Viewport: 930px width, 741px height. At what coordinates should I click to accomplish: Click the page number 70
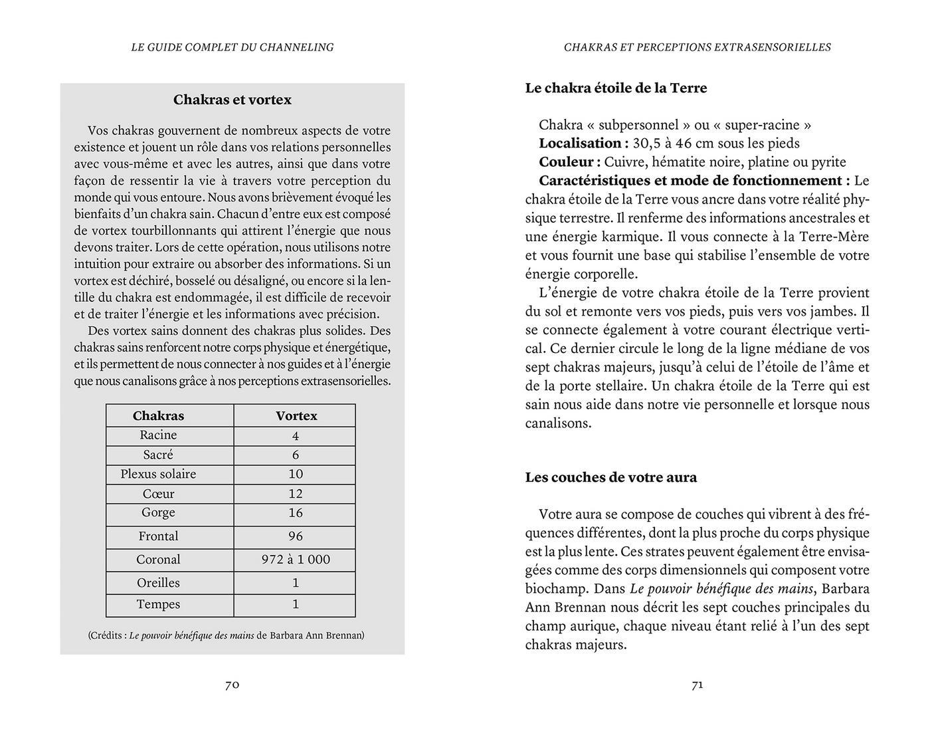coord(232,685)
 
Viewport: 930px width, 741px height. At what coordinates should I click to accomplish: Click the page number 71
coord(697,685)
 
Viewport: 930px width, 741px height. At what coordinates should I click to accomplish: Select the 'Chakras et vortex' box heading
coord(232,100)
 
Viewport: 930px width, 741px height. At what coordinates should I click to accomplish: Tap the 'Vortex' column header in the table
coord(296,416)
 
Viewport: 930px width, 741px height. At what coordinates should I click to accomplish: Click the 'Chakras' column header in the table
coord(158,416)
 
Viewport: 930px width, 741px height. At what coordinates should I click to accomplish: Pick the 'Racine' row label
coord(158,435)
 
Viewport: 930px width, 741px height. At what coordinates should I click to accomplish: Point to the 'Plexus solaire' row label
coord(158,474)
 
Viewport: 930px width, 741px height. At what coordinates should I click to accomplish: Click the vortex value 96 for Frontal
coord(296,536)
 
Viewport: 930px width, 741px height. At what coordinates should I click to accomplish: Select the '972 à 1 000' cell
coord(296,560)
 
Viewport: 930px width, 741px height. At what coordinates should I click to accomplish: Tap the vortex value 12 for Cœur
coord(296,494)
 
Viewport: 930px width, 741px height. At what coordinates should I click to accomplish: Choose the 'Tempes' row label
coord(158,604)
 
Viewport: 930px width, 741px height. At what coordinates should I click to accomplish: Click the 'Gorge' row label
coord(158,512)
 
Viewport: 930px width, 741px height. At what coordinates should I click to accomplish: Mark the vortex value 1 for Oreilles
coord(296,583)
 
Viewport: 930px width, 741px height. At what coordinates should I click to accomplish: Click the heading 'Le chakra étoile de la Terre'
coord(616,88)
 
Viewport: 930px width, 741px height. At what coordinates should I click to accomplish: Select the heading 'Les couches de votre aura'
coord(610,477)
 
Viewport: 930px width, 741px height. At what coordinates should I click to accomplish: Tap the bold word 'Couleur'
coord(566,162)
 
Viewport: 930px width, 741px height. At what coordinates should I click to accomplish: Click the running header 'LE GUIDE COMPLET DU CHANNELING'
coord(232,47)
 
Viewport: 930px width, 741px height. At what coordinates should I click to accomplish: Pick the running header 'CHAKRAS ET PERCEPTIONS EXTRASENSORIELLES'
coord(697,47)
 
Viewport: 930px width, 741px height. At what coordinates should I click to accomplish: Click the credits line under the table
coord(226,635)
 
